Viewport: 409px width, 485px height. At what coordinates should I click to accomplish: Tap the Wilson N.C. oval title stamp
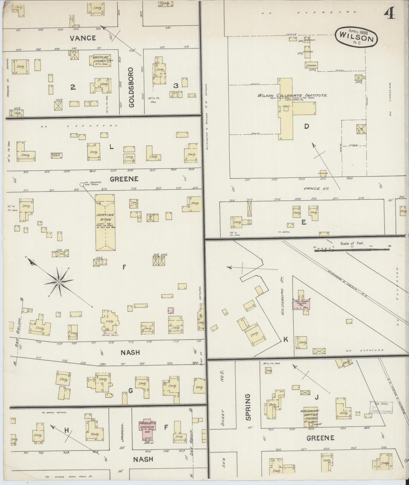[356, 36]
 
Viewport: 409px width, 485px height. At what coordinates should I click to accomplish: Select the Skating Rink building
[105, 222]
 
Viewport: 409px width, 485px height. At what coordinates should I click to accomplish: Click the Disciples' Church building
[101, 60]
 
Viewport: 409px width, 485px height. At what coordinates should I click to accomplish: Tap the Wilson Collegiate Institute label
[292, 96]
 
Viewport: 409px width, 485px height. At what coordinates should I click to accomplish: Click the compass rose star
[59, 282]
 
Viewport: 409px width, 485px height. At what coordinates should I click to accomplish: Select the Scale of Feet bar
[352, 249]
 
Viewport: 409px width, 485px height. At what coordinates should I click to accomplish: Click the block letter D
[307, 126]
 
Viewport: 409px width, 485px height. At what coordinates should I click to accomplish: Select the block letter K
[286, 339]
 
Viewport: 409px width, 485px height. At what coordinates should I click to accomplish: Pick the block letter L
[112, 147]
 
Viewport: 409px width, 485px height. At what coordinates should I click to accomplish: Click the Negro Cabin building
[57, 155]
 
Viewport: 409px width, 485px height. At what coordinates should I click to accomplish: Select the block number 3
[176, 85]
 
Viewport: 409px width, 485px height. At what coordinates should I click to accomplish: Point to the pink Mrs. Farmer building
[302, 304]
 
